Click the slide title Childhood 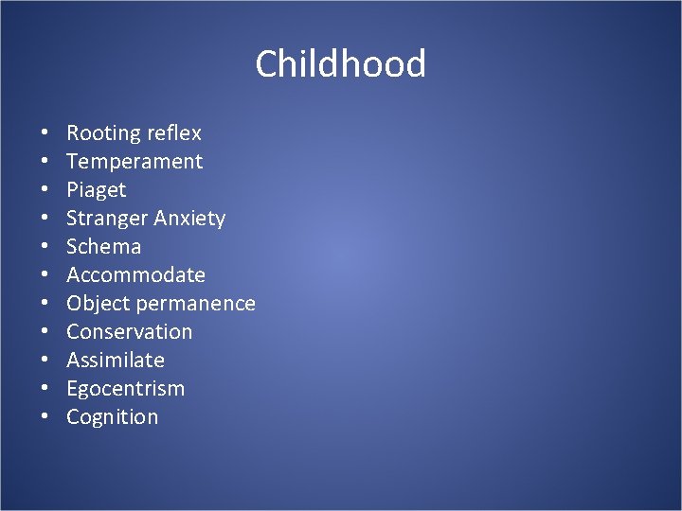340,64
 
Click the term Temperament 135,162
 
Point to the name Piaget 96,190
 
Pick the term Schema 103,247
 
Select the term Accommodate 135,275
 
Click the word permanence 196,304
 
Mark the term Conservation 129,332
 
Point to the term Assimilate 116,361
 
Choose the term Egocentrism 125,389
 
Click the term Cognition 112,417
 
